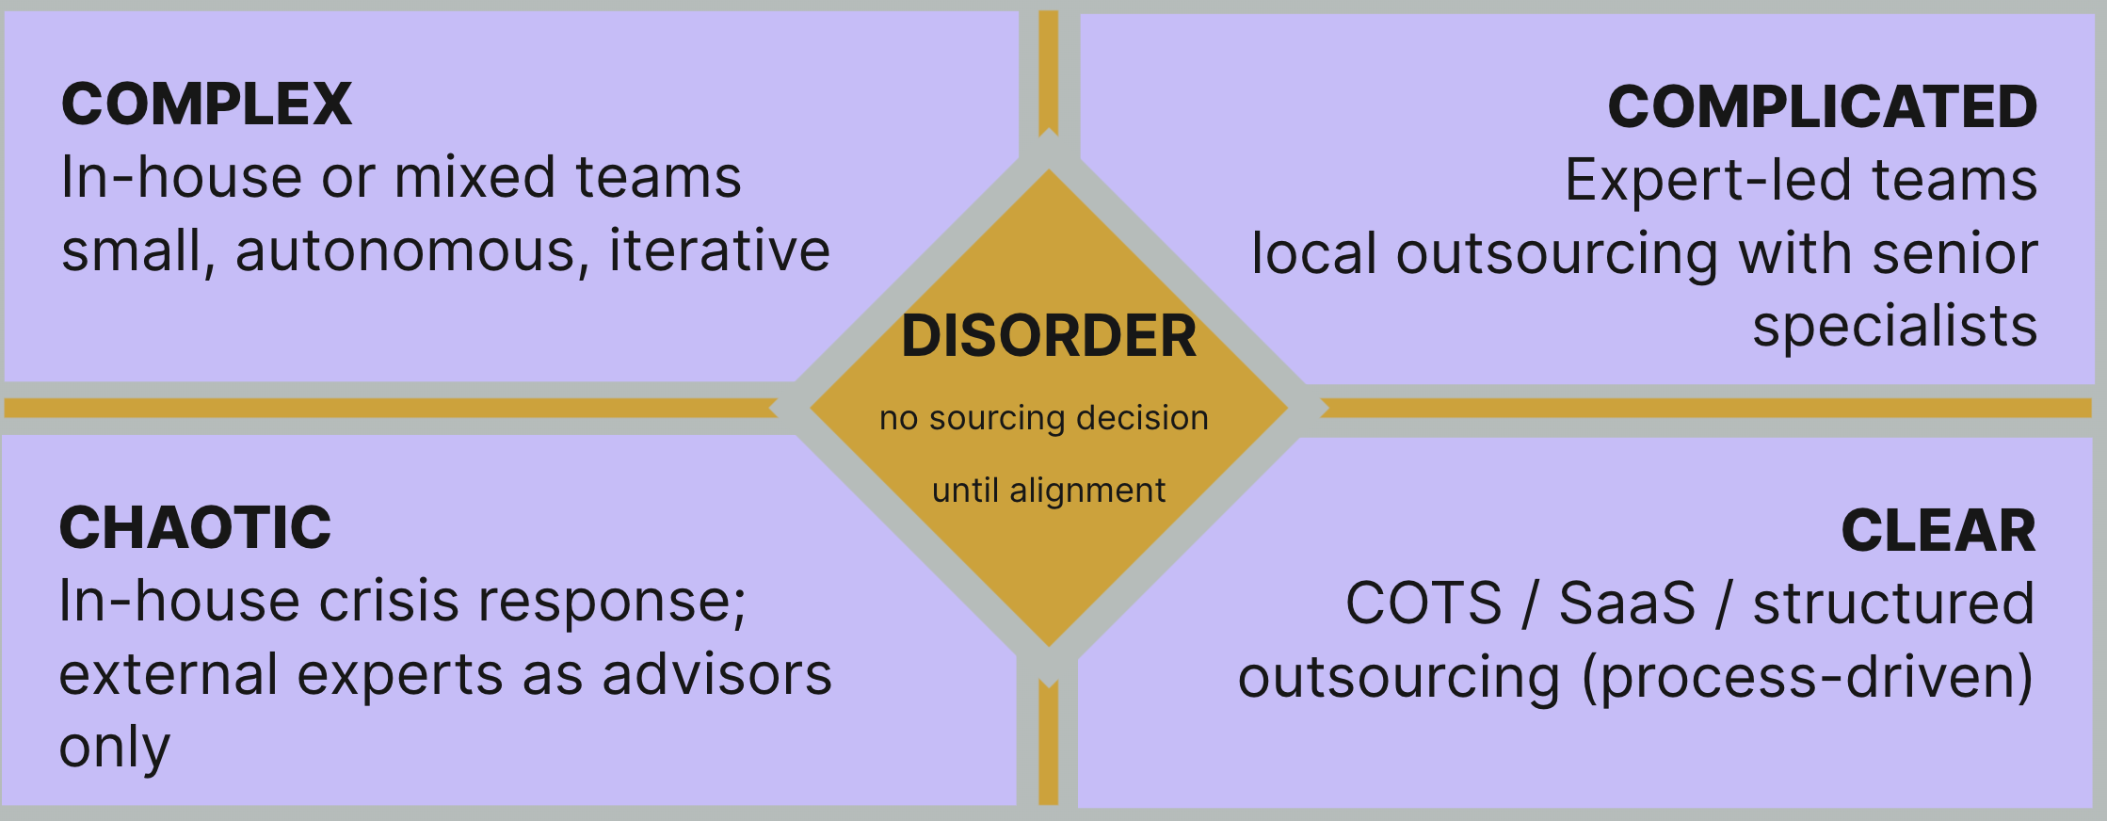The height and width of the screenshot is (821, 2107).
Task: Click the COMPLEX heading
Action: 206,105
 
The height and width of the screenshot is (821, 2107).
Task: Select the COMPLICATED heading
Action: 1822,107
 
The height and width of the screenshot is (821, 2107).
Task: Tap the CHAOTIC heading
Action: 195,528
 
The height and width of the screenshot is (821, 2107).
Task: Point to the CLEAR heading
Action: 1938,531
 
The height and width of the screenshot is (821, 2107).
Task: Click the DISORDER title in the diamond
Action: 1048,336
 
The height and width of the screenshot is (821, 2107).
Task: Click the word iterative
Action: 719,251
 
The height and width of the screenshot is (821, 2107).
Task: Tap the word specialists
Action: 1894,327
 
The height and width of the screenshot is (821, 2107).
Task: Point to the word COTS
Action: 1423,604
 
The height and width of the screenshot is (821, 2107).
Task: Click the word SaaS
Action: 1627,604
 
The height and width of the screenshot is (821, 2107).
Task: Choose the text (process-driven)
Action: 1807,678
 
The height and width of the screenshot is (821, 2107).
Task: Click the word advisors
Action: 716,675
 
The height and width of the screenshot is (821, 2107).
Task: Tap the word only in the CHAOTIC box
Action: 115,749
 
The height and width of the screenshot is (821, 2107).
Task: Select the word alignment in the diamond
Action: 1087,491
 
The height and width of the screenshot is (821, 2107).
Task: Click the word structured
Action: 1892,604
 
